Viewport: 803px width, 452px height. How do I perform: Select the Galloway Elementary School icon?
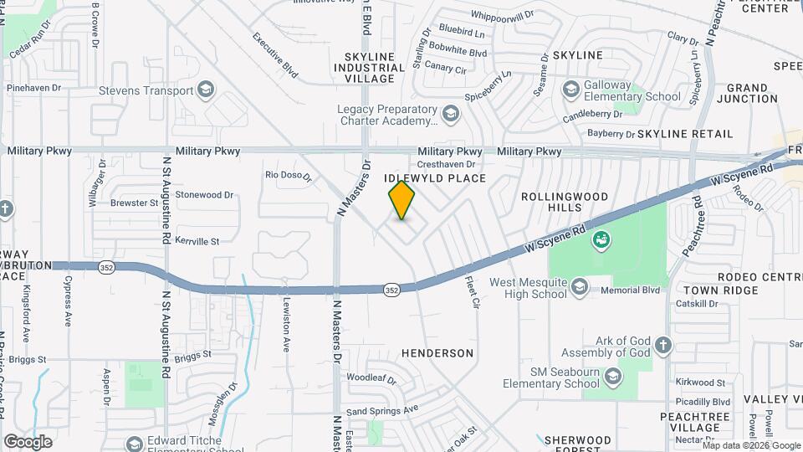571,90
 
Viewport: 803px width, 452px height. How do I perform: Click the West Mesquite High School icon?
579,288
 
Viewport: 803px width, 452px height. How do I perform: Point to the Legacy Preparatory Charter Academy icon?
450,113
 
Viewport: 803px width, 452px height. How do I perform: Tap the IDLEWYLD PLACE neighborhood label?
434,178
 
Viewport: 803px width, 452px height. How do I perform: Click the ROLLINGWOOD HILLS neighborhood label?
565,201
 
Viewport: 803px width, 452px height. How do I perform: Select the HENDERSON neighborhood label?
437,353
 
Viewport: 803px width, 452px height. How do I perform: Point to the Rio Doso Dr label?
288,176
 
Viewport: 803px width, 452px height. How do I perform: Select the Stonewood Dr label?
204,194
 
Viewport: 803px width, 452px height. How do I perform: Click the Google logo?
28,441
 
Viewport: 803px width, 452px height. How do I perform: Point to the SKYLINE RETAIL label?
684,134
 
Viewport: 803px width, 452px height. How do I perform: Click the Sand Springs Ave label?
382,411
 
